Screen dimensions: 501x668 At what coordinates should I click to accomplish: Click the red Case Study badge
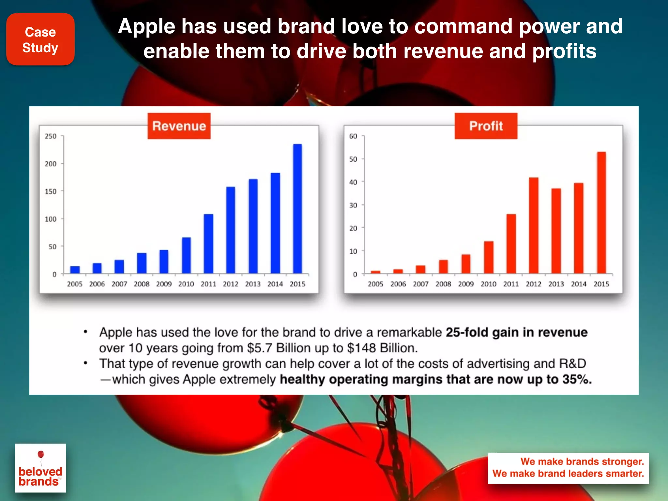40,39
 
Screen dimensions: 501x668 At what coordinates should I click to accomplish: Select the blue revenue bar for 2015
297,209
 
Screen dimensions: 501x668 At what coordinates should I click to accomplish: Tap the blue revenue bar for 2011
208,244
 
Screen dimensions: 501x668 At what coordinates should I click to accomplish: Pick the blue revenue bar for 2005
75,270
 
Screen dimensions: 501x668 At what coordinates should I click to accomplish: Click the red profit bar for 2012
534,225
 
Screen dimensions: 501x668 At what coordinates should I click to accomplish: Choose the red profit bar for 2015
601,213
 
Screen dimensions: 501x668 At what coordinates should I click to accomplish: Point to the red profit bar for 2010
489,257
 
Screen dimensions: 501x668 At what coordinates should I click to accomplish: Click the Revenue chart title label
179,126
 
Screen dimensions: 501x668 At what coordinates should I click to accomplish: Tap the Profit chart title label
486,126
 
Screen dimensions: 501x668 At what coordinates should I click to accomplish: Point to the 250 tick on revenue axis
51,136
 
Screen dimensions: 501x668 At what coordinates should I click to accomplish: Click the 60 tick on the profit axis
353,136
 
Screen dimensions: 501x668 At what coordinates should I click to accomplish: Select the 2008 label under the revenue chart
142,284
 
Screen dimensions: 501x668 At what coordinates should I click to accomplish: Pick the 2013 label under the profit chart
556,284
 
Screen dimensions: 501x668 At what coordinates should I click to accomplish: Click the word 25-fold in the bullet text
467,332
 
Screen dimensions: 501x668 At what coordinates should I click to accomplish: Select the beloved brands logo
40,468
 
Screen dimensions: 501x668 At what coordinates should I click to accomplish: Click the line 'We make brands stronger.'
582,462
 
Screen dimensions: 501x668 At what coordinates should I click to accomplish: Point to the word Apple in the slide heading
147,27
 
